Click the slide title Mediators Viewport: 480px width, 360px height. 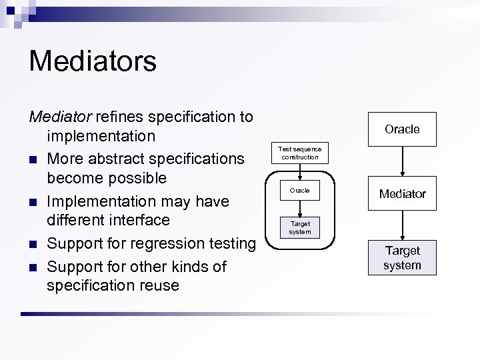click(x=93, y=61)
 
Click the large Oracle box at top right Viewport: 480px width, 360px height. click(x=402, y=129)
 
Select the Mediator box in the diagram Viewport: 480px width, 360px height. click(x=402, y=193)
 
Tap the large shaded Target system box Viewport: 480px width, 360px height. click(x=402, y=258)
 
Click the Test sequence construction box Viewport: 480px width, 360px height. click(x=300, y=153)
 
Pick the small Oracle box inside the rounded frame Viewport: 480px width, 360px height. click(x=300, y=191)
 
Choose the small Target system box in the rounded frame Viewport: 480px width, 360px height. click(x=300, y=227)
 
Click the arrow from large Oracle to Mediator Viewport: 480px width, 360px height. click(x=402, y=161)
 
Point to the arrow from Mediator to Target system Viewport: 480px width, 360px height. click(x=402, y=225)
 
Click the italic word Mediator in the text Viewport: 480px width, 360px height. click(x=60, y=117)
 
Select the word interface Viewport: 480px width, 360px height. click(x=141, y=220)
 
